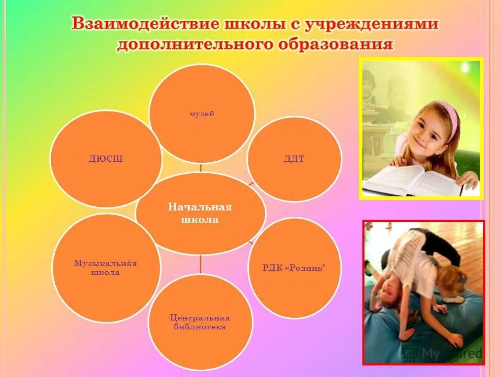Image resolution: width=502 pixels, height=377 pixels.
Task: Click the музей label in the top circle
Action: (202, 114)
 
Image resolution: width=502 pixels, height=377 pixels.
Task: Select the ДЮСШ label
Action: (106, 159)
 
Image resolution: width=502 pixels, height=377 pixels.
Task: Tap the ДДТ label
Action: (294, 159)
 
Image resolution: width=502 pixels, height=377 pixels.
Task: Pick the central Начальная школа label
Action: (200, 214)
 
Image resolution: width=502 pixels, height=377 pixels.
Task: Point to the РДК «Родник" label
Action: (294, 268)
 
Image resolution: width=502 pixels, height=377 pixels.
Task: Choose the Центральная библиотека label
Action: (200, 322)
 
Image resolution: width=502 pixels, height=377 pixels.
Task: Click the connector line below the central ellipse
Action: (201, 264)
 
